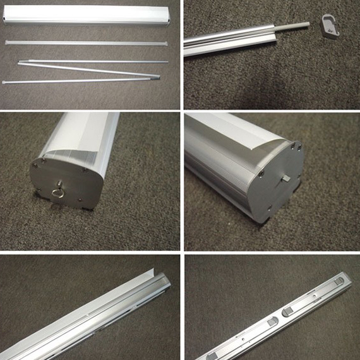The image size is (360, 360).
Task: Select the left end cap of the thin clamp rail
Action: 7,42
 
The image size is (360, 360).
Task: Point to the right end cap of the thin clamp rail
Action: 169,43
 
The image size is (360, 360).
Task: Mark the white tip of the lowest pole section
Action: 6,81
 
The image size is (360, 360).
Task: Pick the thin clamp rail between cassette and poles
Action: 88,42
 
